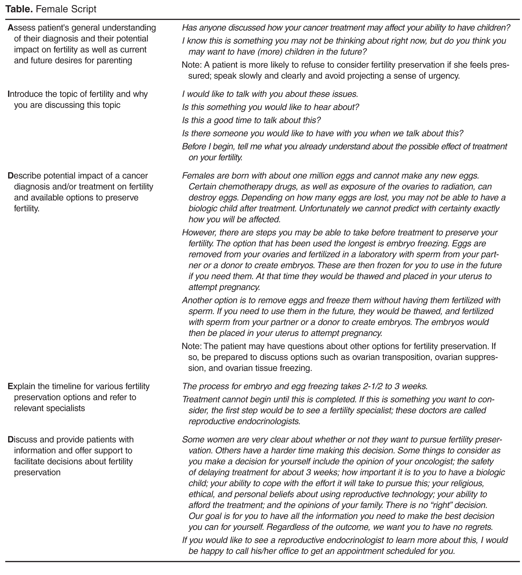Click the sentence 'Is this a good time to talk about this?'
251,120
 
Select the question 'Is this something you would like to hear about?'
270,107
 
